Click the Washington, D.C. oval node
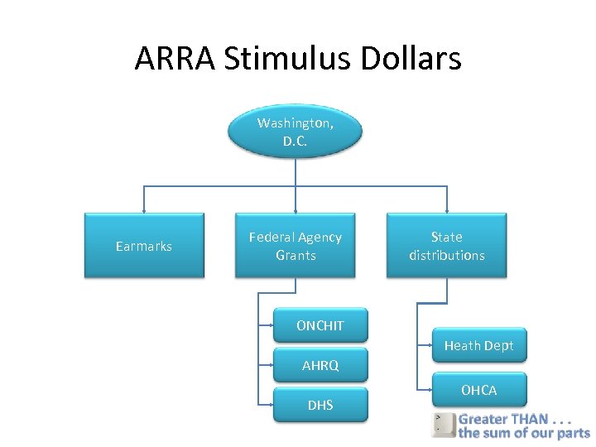coord(296,132)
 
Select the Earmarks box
coord(144,246)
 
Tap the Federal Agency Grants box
coord(296,246)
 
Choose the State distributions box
coord(447,246)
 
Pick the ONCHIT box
coord(320,325)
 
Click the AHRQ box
coord(320,365)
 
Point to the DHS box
coord(320,405)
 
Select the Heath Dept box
coord(478,345)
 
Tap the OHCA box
coord(478,390)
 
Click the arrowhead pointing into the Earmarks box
coord(144,210)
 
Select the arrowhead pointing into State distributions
coord(447,210)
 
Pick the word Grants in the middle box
coord(296,256)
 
